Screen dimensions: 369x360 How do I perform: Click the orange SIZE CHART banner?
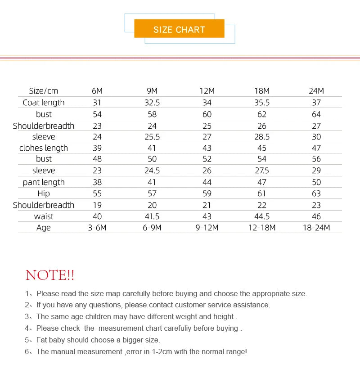(179, 29)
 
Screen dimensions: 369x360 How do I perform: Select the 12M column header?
(207, 91)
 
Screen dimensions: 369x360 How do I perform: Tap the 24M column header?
(316, 91)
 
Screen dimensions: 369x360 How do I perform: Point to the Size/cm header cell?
(44, 91)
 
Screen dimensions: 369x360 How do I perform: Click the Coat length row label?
(44, 103)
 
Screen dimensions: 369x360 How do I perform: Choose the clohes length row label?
(44, 148)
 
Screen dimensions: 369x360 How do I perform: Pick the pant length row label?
(44, 182)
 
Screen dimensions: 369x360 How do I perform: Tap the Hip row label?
(44, 193)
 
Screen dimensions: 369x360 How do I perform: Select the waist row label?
(44, 216)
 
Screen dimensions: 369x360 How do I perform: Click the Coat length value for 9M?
(152, 103)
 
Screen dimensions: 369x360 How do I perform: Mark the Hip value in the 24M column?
(316, 193)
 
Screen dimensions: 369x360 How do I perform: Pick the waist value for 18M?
(262, 216)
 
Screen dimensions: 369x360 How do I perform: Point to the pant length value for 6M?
(97, 182)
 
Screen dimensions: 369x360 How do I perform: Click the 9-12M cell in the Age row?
(207, 228)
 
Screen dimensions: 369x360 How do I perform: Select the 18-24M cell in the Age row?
(316, 228)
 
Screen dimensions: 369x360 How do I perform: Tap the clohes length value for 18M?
(262, 148)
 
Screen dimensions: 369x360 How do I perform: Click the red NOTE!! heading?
(50, 275)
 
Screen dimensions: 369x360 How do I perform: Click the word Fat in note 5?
(42, 340)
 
